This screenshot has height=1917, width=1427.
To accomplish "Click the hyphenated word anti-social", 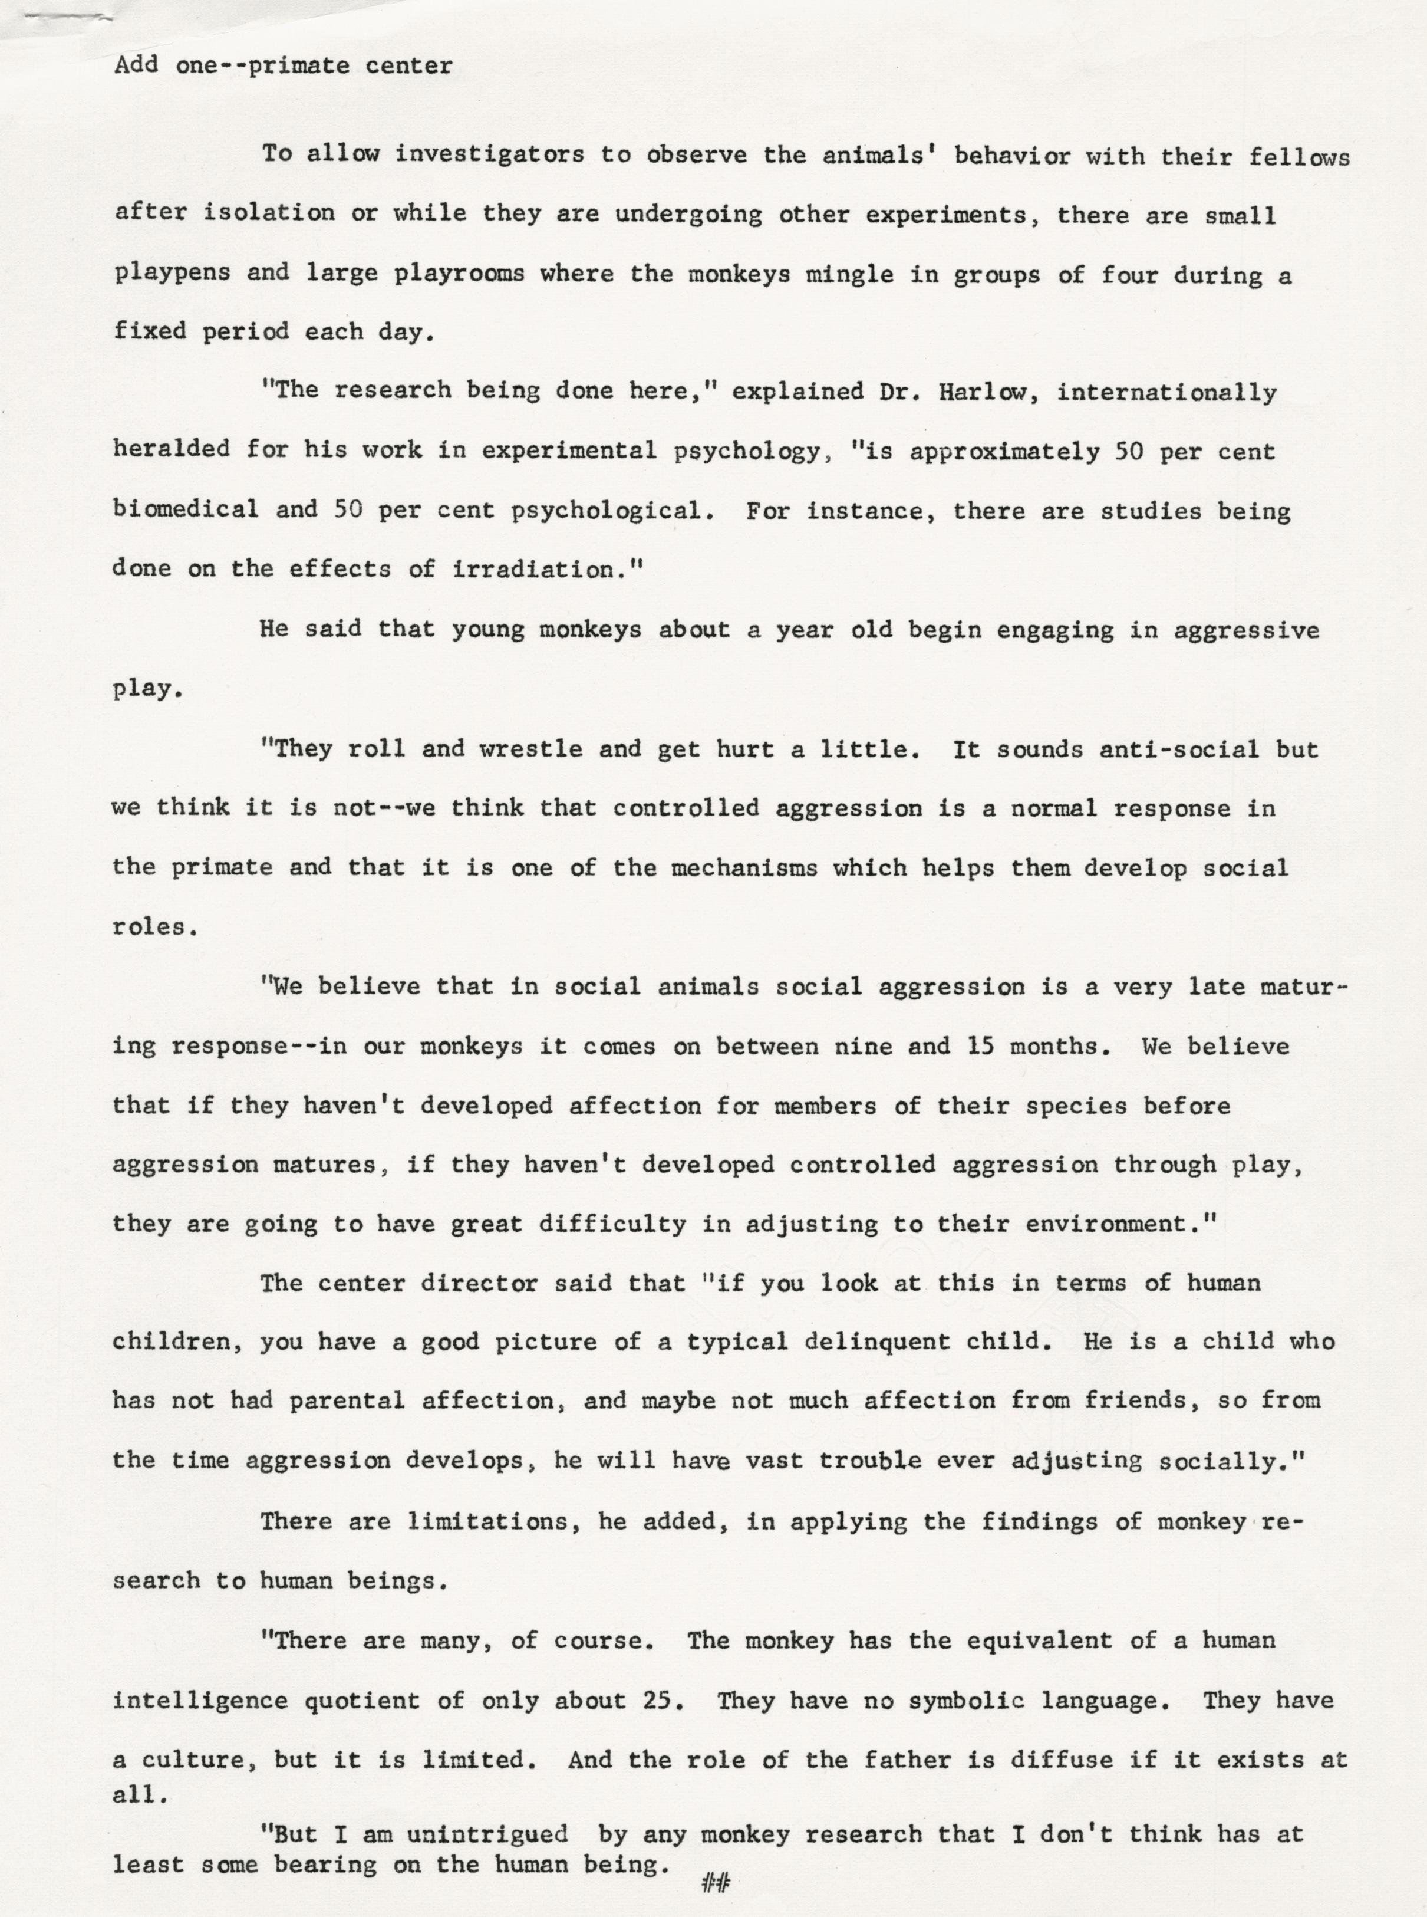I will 1178,749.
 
